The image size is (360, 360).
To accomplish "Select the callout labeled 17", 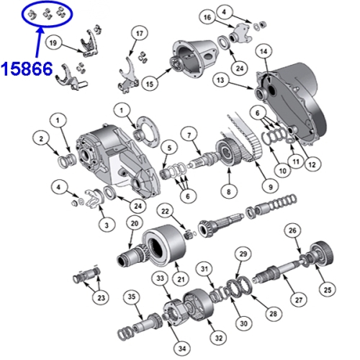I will tap(139, 33).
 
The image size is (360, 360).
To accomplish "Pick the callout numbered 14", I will tap(264, 51).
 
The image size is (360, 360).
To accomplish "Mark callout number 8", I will tap(229, 192).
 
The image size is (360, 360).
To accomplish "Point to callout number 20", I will tap(133, 222).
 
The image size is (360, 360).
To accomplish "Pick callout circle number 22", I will tap(165, 210).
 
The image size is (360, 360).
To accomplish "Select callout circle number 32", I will tap(217, 336).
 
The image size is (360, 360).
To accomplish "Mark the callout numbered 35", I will tap(130, 297).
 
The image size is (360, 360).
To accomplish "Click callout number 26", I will tap(292, 230).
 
